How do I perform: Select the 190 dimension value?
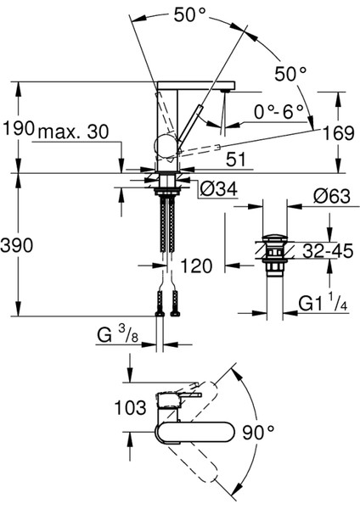pyautogui.click(x=18, y=129)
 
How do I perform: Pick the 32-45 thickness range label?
pyautogui.click(x=327, y=251)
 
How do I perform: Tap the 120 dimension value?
pyautogui.click(x=196, y=267)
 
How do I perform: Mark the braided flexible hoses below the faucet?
pyautogui.click(x=166, y=225)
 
